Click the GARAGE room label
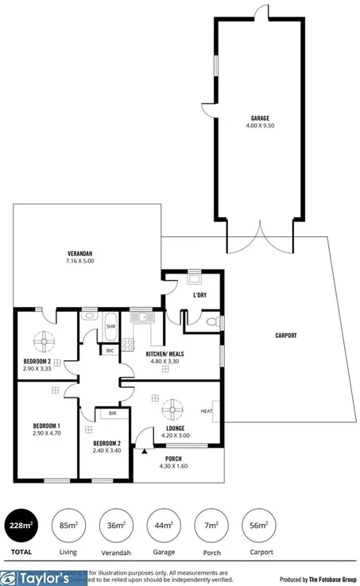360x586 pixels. (260, 118)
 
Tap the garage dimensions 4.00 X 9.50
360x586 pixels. (260, 126)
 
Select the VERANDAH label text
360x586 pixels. (80, 254)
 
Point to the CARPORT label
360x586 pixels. (286, 336)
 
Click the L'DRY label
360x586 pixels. (199, 296)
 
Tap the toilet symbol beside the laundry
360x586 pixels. (210, 322)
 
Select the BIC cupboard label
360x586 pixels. (110, 349)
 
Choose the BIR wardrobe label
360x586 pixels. (103, 414)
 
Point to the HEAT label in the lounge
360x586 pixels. (206, 411)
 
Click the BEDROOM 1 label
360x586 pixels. (47, 425)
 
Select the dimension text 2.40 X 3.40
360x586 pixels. (106, 450)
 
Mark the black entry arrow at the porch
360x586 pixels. (145, 451)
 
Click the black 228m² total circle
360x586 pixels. (22, 525)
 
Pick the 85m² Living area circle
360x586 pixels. (68, 525)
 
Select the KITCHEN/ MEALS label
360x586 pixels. (166, 354)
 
